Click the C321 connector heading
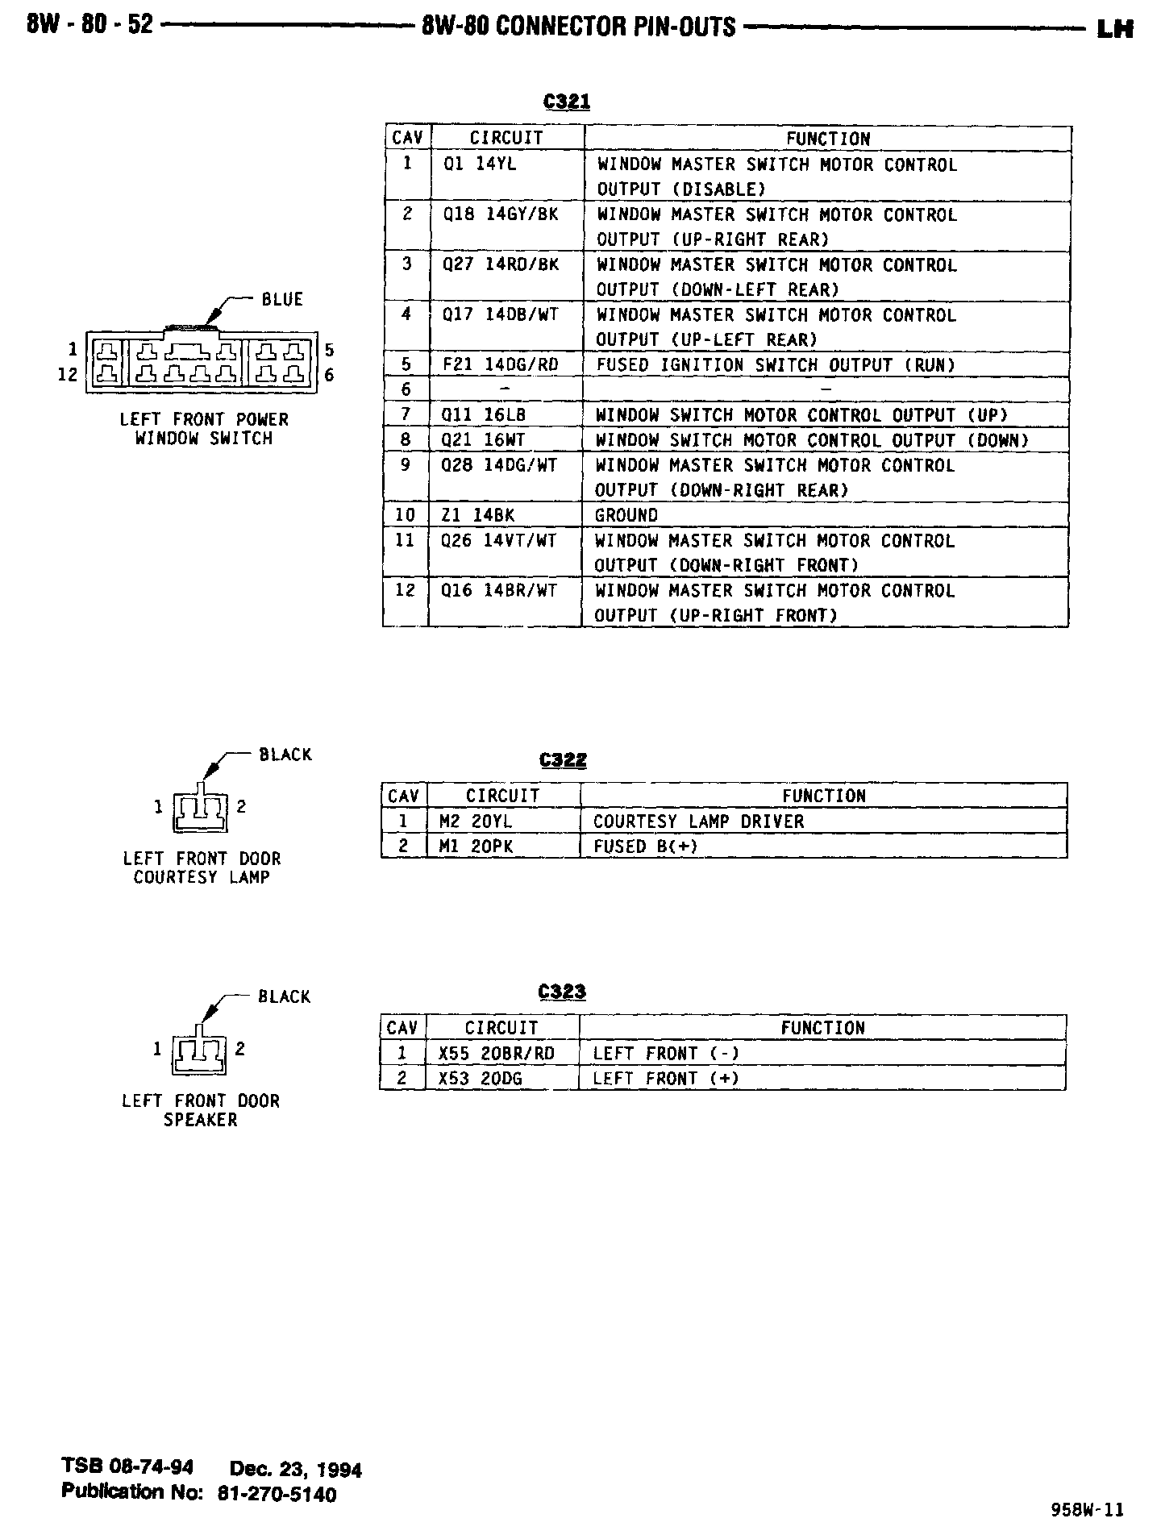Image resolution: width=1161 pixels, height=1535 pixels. click(567, 102)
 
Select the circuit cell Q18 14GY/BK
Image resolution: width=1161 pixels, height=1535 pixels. click(500, 215)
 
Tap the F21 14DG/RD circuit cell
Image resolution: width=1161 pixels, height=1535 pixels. click(500, 365)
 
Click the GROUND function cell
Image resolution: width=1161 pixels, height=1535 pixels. click(626, 515)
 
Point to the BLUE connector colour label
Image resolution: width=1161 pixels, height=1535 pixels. click(282, 300)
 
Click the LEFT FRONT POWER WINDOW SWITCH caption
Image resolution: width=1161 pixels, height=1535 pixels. click(204, 429)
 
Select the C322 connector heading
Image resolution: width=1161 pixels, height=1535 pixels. click(563, 760)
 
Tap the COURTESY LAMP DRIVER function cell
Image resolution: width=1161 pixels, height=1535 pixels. click(698, 822)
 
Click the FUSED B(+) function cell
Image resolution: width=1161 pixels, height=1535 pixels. click(645, 847)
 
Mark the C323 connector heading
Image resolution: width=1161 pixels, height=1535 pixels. click(562, 992)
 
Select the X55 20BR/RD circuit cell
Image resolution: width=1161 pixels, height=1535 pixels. click(496, 1054)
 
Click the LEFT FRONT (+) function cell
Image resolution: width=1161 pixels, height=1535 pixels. click(665, 1079)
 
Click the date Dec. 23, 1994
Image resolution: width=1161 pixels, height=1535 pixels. click(296, 1469)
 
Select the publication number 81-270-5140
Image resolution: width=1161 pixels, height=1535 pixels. click(277, 1494)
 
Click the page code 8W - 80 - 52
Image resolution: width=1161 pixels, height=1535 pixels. click(89, 25)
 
